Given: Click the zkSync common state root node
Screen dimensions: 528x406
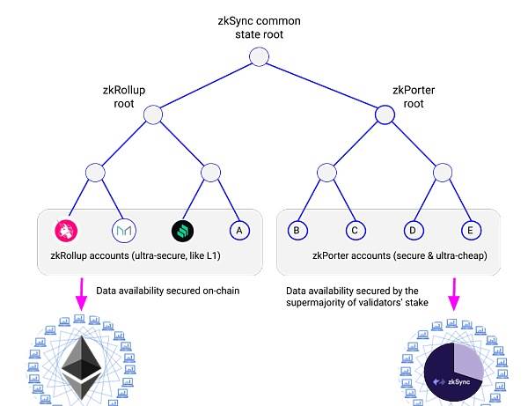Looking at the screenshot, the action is click(259, 56).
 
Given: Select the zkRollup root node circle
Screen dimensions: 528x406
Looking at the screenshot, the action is click(153, 114).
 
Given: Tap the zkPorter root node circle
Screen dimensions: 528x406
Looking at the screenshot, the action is click(385, 114).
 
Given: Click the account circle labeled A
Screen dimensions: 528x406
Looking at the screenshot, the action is click(239, 231).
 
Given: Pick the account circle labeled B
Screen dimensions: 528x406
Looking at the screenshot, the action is click(297, 231).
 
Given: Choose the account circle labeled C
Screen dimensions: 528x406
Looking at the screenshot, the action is click(356, 231).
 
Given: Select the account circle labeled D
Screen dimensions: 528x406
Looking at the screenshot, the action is click(414, 231).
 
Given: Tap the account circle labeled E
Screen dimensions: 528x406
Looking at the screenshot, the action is click(471, 231).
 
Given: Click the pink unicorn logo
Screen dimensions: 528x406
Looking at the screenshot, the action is click(66, 231).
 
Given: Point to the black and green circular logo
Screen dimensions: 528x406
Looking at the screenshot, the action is click(182, 231).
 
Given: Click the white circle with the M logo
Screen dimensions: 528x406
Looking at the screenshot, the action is click(123, 231).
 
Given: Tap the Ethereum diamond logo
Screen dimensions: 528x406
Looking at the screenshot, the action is click(81, 367).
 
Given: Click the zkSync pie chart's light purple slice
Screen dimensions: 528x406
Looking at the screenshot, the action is click(468, 360).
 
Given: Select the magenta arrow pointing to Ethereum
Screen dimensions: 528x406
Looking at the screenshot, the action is click(81, 294).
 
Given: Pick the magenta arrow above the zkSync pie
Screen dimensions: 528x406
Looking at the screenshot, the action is click(454, 294).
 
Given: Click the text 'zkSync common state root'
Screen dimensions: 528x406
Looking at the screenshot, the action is click(259, 27).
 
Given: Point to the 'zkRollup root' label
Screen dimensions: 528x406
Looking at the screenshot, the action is click(124, 97).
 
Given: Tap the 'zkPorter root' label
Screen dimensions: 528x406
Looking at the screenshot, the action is click(414, 97).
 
